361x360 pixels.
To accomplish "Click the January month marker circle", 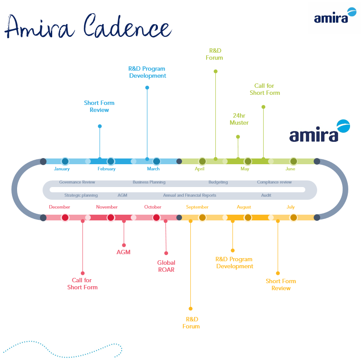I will click(65, 161).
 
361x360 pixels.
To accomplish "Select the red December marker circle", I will click(65, 217).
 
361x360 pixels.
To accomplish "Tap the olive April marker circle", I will click(202, 161).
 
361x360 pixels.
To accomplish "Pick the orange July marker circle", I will click(293, 217).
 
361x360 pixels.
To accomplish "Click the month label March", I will click(153, 169).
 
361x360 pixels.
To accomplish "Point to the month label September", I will click(197, 207).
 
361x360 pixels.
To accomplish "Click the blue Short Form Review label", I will click(99, 107).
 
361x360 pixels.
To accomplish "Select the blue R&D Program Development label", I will click(147, 72).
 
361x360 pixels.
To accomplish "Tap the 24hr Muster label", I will click(239, 119).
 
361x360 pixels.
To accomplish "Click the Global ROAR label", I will click(166, 266).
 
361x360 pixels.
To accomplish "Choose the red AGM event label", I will click(123, 252).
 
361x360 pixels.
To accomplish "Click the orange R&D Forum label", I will click(191, 323).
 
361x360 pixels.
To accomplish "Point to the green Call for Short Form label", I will click(265, 90).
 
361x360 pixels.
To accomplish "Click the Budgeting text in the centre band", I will click(218, 182).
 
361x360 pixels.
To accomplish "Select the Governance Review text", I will click(77, 182).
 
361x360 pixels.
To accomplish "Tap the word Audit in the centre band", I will click(266, 195).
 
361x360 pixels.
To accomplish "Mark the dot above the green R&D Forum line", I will click(215, 71).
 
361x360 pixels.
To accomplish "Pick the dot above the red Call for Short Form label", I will click(82, 273).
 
